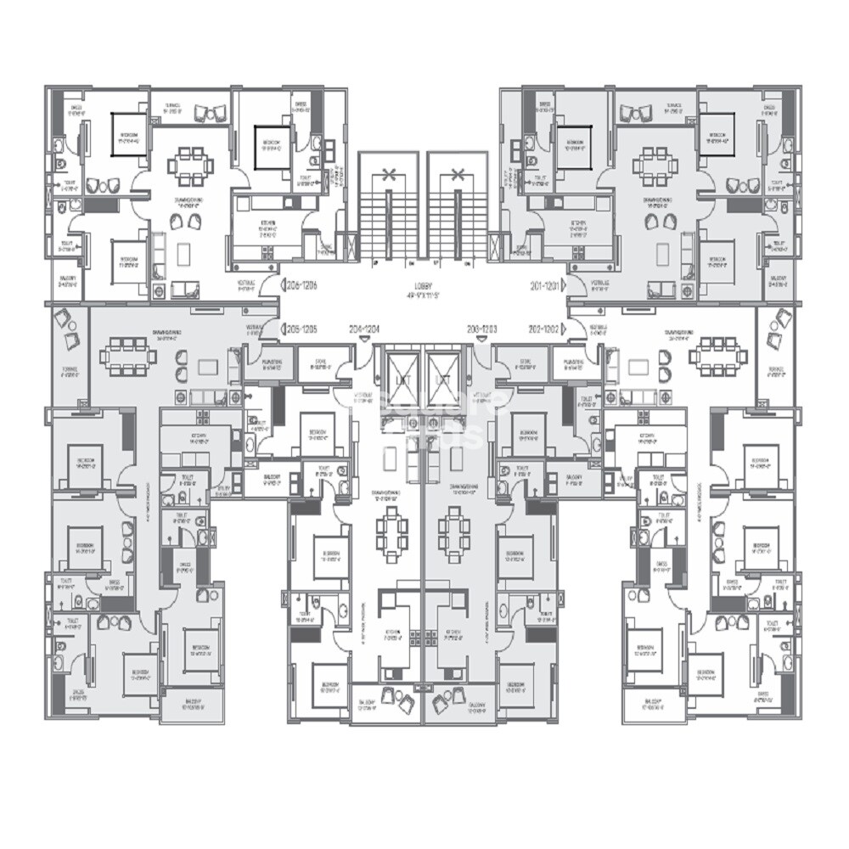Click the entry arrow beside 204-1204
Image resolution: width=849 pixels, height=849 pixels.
click(364, 338)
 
